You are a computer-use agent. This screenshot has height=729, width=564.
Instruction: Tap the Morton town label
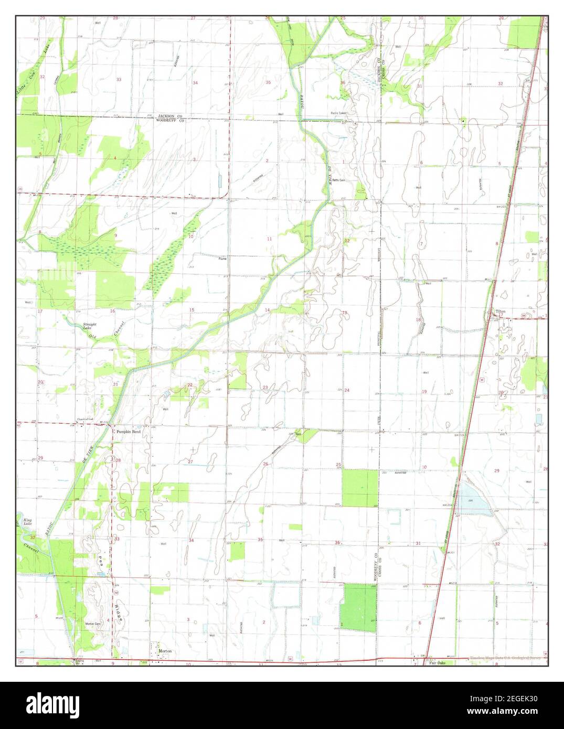[165, 651]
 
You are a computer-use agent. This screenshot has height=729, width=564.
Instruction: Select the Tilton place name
[501, 312]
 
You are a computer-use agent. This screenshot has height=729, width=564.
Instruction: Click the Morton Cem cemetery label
[92, 624]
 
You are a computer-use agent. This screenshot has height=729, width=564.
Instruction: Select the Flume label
[223, 258]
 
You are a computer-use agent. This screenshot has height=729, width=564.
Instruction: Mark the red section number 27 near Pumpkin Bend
[191, 461]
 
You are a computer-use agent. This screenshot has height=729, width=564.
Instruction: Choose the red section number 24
[347, 390]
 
